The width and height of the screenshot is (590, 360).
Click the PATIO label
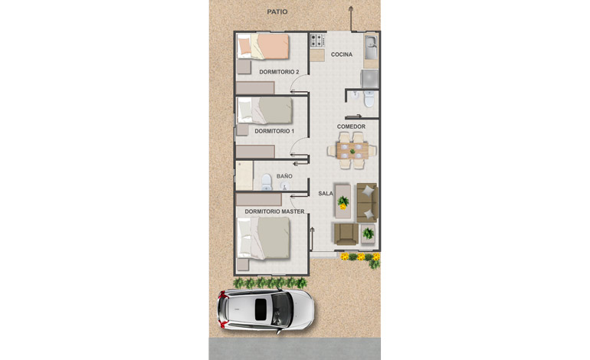[x=277, y=11]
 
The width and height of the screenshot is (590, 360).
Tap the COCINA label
[x=342, y=54]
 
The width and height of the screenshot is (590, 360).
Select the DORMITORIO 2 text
[x=279, y=72]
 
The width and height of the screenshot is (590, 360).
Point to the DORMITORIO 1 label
[x=274, y=131]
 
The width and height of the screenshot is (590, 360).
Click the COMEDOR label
[x=351, y=127]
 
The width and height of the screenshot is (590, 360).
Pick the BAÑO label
[x=284, y=176]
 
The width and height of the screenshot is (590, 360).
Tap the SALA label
[x=326, y=193]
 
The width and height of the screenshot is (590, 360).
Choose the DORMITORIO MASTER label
[x=274, y=211]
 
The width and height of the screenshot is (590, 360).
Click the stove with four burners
[x=317, y=41]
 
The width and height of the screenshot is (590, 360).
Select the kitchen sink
[x=371, y=47]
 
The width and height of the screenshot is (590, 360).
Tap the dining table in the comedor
[x=352, y=150]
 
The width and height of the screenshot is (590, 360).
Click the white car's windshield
[x=282, y=310]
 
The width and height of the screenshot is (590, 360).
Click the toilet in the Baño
[x=267, y=182]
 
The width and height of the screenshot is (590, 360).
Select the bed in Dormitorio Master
[x=264, y=238]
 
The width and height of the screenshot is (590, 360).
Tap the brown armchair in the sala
[x=346, y=234]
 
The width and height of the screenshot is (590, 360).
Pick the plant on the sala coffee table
[x=343, y=202]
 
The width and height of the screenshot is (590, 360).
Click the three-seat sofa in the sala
[x=367, y=202]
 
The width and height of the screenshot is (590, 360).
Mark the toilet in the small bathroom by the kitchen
[x=369, y=100]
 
